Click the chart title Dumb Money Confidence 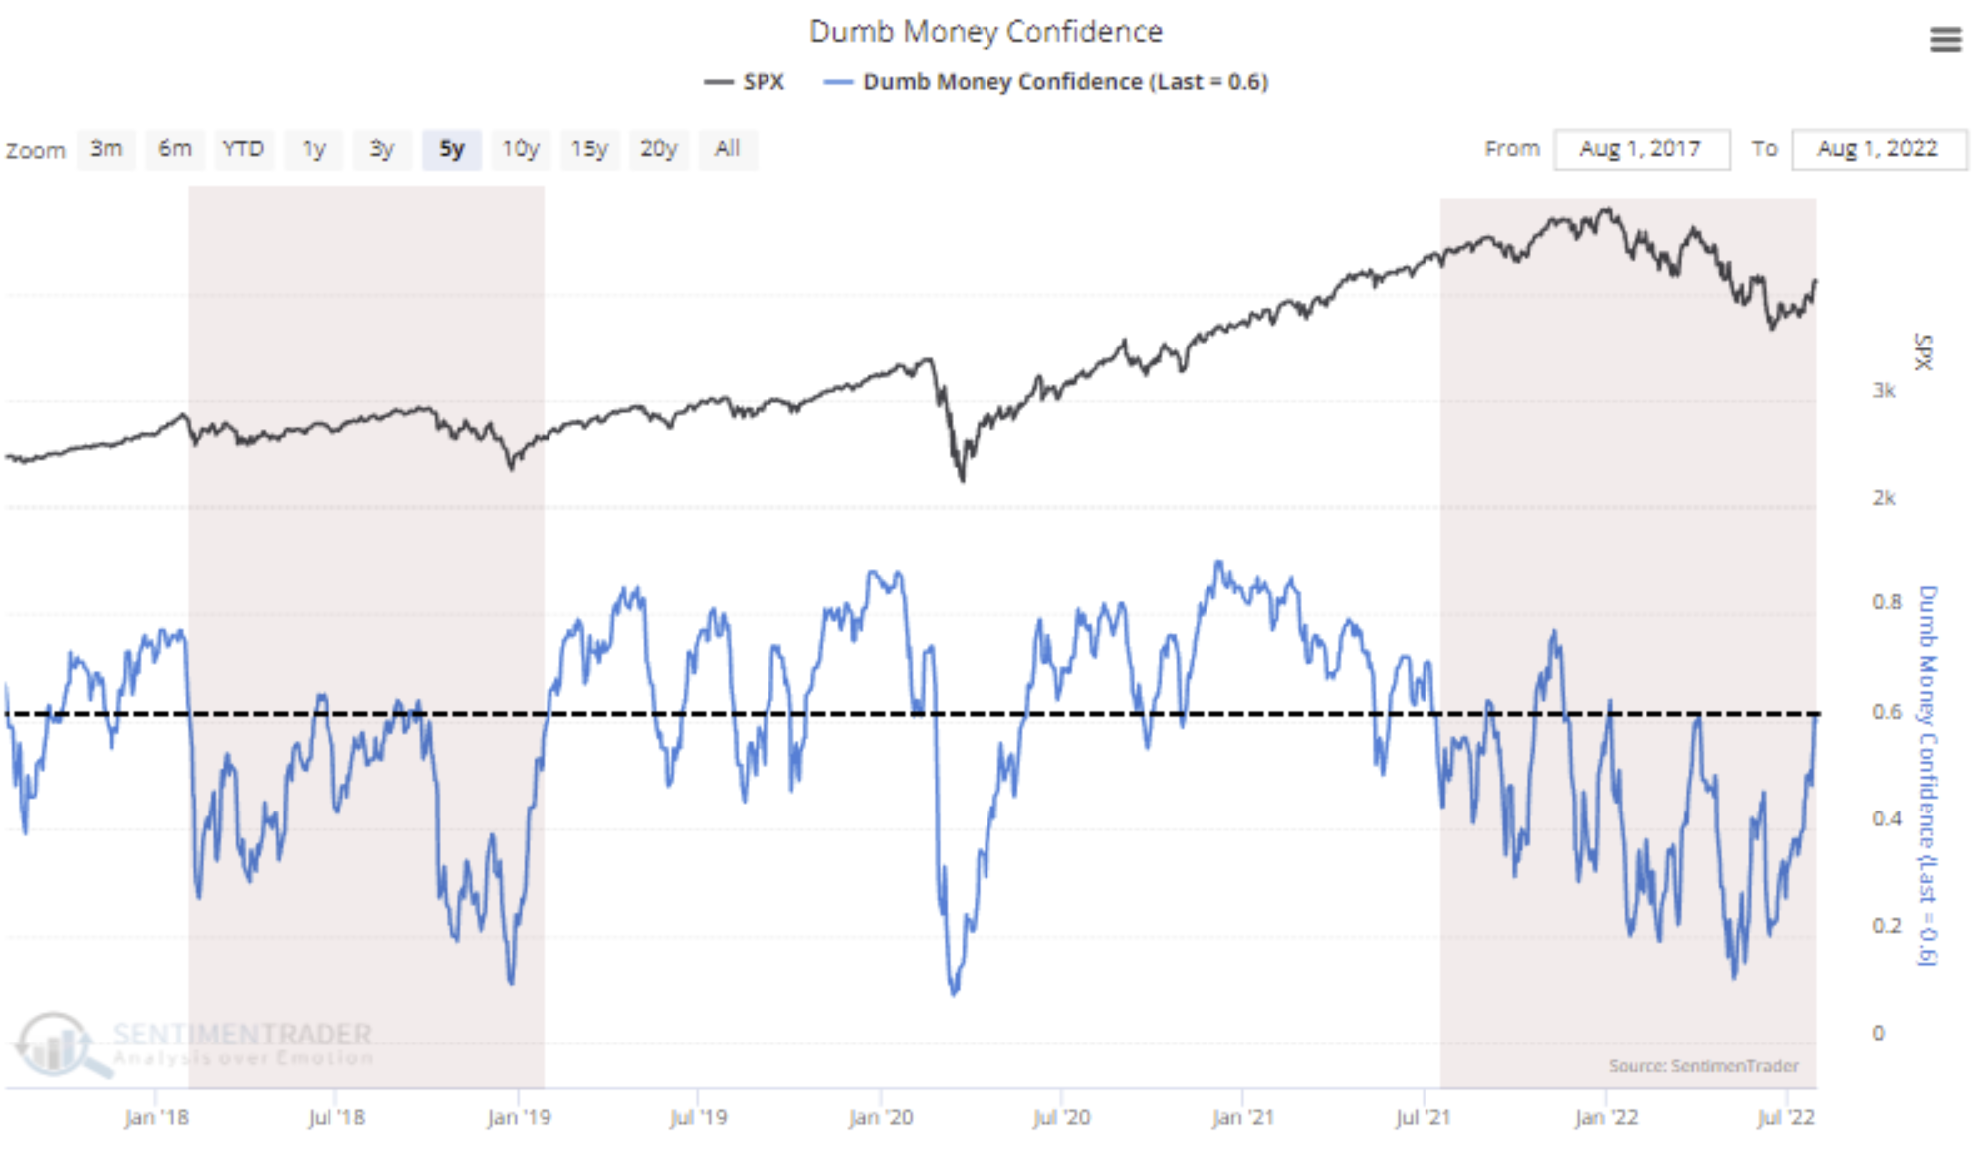pyautogui.click(x=986, y=32)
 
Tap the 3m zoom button pyautogui.click(x=107, y=149)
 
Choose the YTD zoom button pyautogui.click(x=243, y=149)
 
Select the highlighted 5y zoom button pyautogui.click(x=452, y=149)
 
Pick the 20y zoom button pyautogui.click(x=658, y=149)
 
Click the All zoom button pyautogui.click(x=727, y=149)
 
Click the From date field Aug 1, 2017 pyautogui.click(x=1641, y=149)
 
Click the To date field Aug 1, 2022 pyautogui.click(x=1877, y=149)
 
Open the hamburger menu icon pyautogui.click(x=1945, y=40)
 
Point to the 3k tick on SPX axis pyautogui.click(x=1883, y=391)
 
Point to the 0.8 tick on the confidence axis pyautogui.click(x=1886, y=602)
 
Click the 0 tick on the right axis pyautogui.click(x=1878, y=1033)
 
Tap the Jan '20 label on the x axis pyautogui.click(x=880, y=1117)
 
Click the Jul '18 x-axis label pyautogui.click(x=336, y=1117)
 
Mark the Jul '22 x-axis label pyautogui.click(x=1786, y=1117)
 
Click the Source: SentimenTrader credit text pyautogui.click(x=1703, y=1066)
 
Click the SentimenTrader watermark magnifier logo pyautogui.click(x=60, y=1044)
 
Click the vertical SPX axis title pyautogui.click(x=1923, y=352)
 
